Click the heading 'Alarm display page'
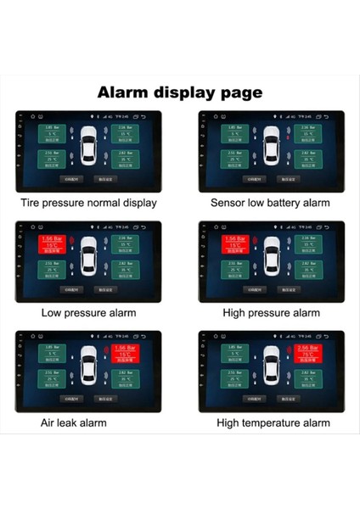tap(180, 92)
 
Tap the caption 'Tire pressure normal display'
tap(89, 203)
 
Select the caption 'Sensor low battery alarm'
tap(270, 203)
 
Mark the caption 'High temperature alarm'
tap(273, 422)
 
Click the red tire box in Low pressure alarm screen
tap(53, 243)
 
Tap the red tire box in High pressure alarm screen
tap(234, 243)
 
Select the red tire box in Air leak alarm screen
tap(124, 354)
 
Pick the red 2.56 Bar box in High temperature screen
tap(307, 354)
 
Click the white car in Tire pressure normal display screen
tap(88, 148)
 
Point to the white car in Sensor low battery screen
tap(271, 148)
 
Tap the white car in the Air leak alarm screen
tap(88, 368)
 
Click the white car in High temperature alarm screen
tap(271, 368)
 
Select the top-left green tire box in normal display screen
tap(53, 133)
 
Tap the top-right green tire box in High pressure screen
tap(307, 243)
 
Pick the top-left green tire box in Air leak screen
tap(53, 354)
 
